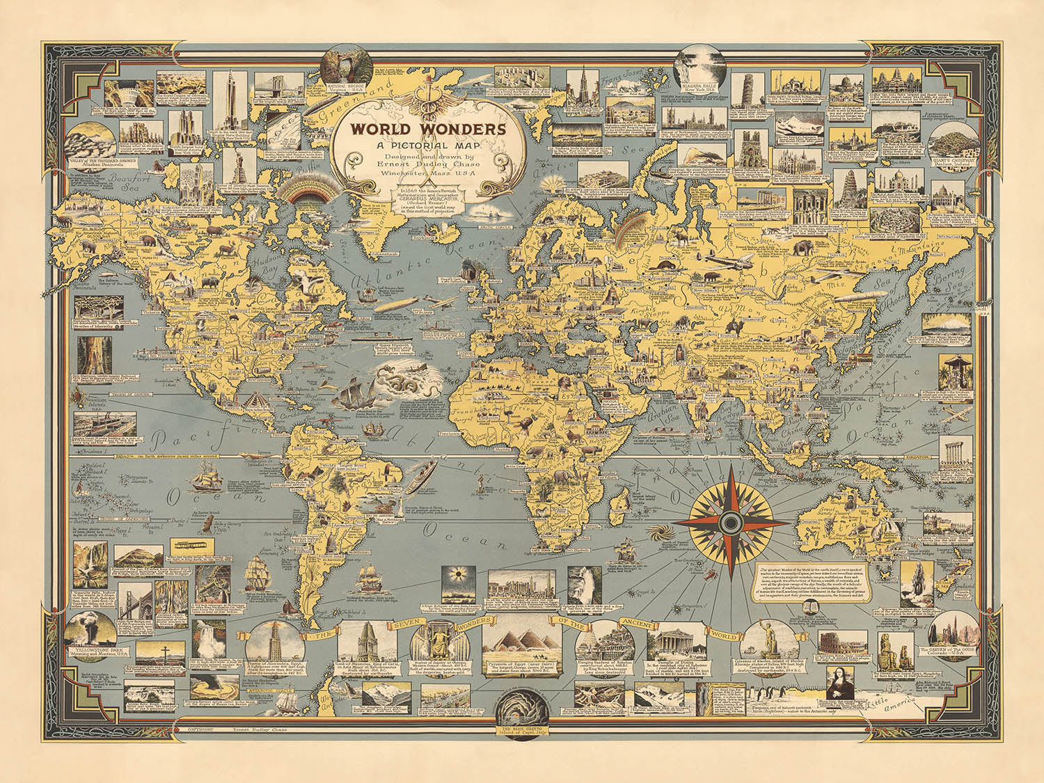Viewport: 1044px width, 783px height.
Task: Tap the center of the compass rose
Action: pos(730,521)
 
